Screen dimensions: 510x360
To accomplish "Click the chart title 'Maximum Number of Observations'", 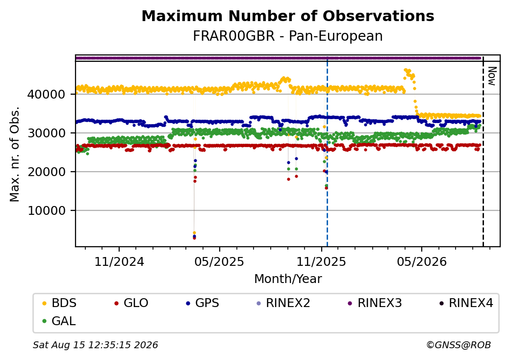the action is [x=288, y=16].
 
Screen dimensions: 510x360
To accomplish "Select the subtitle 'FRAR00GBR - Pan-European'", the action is [x=288, y=36].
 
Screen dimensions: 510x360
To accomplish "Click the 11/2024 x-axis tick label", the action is [x=119, y=261].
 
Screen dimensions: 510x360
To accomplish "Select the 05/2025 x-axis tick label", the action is [x=220, y=261].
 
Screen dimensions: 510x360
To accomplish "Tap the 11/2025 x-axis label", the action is [x=321, y=261].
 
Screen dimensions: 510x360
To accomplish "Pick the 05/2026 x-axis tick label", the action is [x=422, y=261].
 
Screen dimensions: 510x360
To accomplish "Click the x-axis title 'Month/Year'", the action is [x=288, y=279].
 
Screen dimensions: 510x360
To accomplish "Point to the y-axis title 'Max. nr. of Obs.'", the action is [x=15, y=154].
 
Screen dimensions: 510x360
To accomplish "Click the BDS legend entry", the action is [x=59, y=303].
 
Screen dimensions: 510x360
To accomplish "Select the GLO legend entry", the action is [x=131, y=303].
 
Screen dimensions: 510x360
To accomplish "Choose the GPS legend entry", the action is [x=203, y=303].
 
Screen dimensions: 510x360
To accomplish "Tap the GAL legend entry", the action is [x=59, y=321].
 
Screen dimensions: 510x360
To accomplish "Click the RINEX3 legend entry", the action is [x=375, y=303].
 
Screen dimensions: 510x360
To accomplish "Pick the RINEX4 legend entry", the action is [x=466, y=303].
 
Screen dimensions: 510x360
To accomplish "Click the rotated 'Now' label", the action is [x=492, y=77].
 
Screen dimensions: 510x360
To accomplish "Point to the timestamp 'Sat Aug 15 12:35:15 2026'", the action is [x=95, y=345].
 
